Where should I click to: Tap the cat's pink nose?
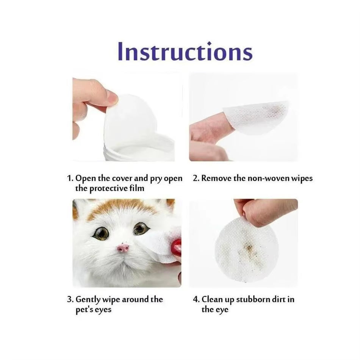[x=123, y=248]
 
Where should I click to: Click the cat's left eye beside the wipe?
[x=141, y=228]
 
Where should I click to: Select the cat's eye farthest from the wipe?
[x=101, y=233]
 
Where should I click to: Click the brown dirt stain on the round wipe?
[x=249, y=248]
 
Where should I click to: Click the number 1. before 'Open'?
[x=70, y=178]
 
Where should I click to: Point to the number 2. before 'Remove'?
[x=196, y=178]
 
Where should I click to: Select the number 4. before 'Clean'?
[x=196, y=299]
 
